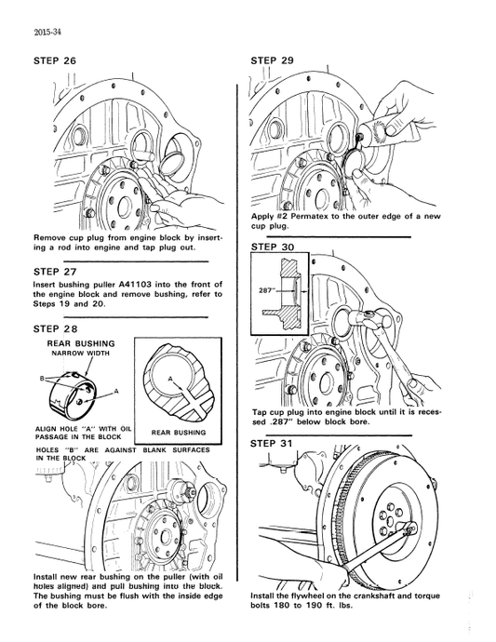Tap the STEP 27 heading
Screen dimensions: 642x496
pyautogui.click(x=55, y=272)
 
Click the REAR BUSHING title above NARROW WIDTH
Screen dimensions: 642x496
pyautogui.click(x=81, y=343)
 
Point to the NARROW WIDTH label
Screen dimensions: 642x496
pyautogui.click(x=81, y=354)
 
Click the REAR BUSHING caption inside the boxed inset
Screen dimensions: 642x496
pyautogui.click(x=179, y=432)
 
